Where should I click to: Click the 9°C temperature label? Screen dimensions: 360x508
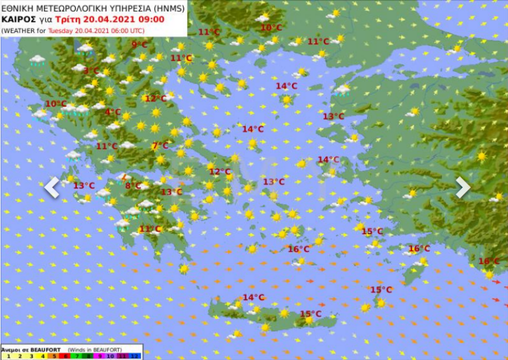139,44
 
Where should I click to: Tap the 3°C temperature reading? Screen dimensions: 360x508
91,71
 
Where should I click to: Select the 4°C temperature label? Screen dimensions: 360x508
113,112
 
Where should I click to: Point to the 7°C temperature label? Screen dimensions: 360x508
160,146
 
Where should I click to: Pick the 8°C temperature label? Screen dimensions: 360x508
133,186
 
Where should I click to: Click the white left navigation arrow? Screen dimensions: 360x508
52,187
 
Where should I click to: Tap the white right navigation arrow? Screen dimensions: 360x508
463,187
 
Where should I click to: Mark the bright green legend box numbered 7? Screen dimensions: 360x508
76,357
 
